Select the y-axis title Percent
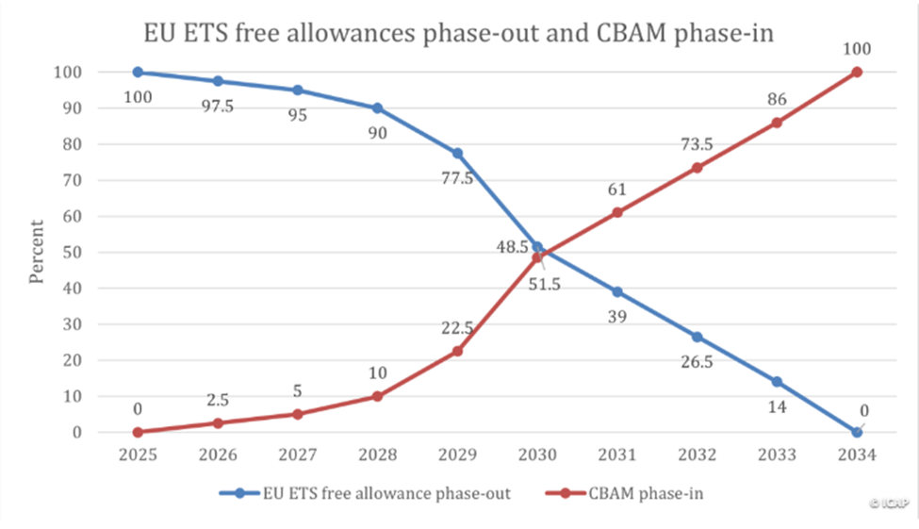tap(37, 252)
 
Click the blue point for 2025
tap(138, 73)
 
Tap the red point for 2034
tap(856, 73)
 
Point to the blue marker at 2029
tap(457, 153)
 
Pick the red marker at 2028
tap(377, 396)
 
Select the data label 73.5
tap(697, 142)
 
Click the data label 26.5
tap(697, 363)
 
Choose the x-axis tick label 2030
tap(537, 455)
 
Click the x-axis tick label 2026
tap(218, 455)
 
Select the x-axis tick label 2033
tap(777, 455)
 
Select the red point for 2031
tap(616, 212)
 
